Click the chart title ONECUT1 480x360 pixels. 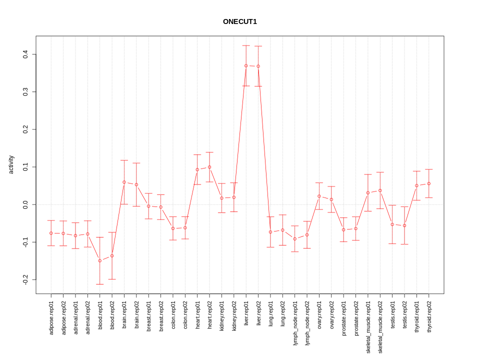[240, 22]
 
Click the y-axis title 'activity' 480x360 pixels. [11, 164]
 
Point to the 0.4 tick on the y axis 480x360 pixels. [25, 54]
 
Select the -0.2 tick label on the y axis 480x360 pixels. [25, 279]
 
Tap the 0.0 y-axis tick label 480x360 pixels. [25, 204]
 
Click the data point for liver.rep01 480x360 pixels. [246, 65]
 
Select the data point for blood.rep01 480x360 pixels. [100, 260]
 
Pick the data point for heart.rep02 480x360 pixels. [209, 167]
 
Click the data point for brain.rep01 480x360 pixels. [124, 182]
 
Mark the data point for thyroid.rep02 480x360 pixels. [429, 183]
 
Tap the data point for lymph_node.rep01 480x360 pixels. [295, 239]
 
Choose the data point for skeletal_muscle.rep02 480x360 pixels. [380, 190]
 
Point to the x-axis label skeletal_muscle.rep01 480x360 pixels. [368, 324]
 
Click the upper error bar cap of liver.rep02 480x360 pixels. [258, 46]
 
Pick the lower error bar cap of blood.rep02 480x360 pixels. [112, 279]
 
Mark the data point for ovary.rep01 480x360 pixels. [319, 196]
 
